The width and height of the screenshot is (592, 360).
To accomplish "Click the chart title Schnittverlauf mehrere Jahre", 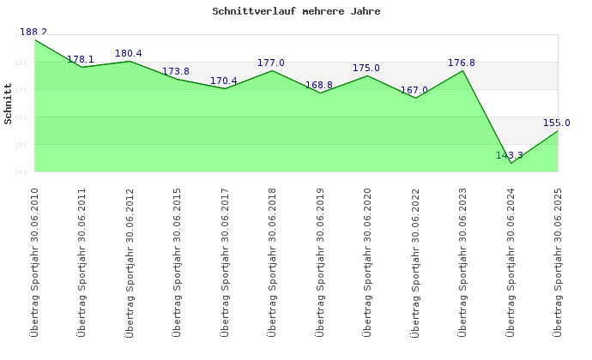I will (296, 12).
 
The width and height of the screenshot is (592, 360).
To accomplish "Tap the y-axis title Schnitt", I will (9, 104).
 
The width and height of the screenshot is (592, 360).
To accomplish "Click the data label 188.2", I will (33, 32).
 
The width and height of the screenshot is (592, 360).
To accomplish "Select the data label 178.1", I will (81, 60).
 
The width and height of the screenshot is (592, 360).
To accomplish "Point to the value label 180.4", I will (129, 54).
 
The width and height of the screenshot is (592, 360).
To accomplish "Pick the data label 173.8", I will (176, 72).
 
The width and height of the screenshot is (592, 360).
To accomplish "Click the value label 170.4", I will (224, 81).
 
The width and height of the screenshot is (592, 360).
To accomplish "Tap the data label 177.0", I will (271, 63).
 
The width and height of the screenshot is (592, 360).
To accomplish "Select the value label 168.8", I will (319, 86).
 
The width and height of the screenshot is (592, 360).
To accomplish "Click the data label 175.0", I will (366, 69).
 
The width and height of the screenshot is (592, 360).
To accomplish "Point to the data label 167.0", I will (414, 91).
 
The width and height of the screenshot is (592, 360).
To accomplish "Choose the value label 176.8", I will (462, 63).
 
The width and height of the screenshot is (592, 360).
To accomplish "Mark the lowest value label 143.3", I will (510, 156).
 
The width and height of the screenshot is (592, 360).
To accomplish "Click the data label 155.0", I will (557, 123).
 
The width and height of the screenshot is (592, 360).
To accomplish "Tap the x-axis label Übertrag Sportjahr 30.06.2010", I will (34, 261).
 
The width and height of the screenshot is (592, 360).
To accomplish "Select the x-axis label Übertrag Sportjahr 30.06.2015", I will (177, 261).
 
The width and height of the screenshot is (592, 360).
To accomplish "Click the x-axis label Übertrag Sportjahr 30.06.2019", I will (320, 261).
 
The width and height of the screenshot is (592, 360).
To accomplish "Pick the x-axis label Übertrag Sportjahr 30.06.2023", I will (462, 261).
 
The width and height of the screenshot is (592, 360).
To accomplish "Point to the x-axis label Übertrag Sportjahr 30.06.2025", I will (558, 261).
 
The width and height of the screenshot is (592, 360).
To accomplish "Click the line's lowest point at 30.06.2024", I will (510, 163).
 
